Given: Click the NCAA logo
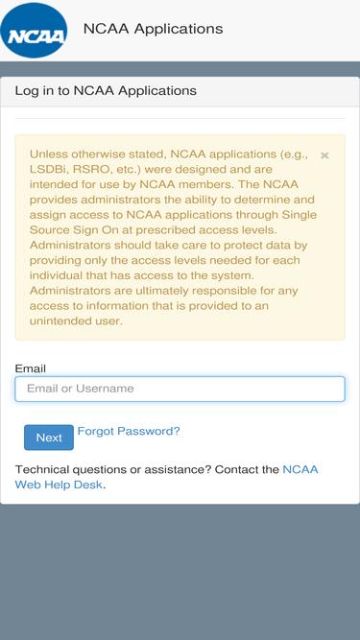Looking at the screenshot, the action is tap(35, 32).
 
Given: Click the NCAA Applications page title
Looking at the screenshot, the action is tap(153, 29).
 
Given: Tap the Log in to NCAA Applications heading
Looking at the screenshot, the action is tap(106, 91).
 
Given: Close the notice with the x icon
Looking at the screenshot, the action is tap(324, 155).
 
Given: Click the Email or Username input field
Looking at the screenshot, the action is tap(180, 389).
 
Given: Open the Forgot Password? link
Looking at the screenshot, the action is tap(129, 432).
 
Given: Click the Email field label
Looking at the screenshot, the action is tap(31, 368).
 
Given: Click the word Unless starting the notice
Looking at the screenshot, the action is tap(48, 154).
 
